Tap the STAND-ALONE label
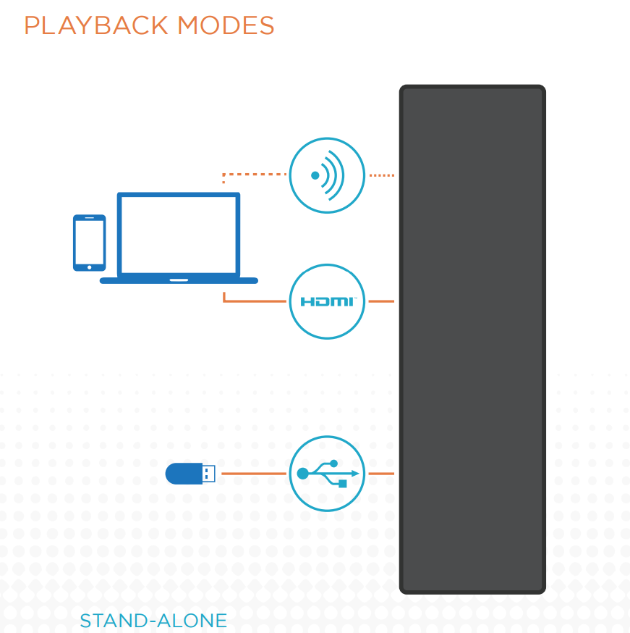153,621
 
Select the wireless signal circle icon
327,175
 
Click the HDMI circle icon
327,301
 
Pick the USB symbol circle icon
327,474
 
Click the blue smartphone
89,243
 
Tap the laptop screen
179,234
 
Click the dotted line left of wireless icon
257,175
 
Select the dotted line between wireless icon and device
381,175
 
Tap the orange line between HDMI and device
381,301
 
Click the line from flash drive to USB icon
253,474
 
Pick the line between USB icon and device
381,474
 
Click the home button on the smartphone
89,267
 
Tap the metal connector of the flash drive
209,474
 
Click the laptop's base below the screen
179,280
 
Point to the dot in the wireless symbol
315,175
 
